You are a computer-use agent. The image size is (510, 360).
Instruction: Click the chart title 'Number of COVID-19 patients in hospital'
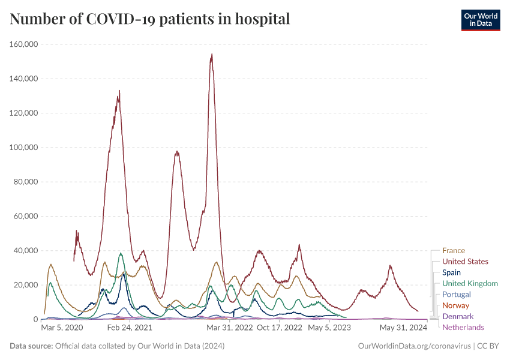150,19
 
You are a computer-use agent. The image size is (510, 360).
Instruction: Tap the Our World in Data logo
480,19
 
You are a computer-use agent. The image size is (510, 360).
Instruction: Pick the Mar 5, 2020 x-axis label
62,328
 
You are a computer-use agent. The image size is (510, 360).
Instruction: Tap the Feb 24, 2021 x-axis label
130,328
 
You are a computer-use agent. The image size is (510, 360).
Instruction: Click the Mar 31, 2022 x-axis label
229,328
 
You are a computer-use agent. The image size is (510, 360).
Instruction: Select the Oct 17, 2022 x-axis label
279,328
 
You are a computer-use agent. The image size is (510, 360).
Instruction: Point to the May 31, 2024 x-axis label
403,328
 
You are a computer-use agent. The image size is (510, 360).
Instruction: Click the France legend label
454,251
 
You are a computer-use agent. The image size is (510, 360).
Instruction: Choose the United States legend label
465,262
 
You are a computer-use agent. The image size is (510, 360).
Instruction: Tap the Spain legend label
452,272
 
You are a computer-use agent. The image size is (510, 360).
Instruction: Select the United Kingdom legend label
470,283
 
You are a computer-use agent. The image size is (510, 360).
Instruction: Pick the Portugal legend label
457,295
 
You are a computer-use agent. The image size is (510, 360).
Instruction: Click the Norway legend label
455,305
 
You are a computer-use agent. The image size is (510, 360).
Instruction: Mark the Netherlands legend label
463,327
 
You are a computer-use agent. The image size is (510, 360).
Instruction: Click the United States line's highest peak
212,55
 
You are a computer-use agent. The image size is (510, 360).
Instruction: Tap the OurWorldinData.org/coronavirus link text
414,346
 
